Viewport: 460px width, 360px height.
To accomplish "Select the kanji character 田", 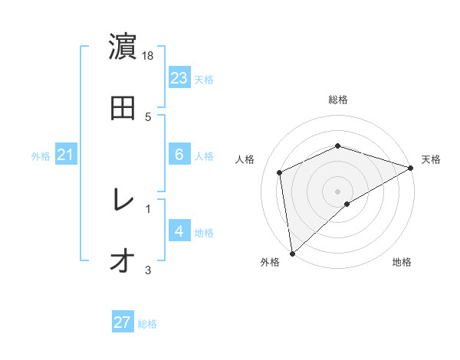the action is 123,109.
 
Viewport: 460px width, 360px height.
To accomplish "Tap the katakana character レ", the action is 123,201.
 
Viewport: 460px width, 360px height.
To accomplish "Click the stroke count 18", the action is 149,56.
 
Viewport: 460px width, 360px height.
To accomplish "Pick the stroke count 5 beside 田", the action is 148,116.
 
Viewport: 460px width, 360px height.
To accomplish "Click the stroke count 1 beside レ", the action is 148,208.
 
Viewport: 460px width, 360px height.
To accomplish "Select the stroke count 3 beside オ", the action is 148,270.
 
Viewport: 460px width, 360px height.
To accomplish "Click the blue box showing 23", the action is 179,78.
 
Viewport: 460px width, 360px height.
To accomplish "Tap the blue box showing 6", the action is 179,155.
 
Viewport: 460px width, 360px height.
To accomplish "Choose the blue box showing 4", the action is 179,231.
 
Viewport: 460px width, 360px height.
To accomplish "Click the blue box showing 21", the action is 65,155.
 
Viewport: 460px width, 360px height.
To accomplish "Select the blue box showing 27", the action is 123,322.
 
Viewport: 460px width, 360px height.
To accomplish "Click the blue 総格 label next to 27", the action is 147,324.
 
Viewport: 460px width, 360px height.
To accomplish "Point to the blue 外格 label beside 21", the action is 41,156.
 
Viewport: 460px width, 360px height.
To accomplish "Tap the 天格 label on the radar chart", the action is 431,159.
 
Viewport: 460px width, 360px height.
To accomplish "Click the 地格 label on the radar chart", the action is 402,262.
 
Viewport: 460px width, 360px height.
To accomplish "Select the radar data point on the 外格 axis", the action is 292,254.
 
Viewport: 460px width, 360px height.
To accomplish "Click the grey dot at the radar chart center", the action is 337,191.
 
